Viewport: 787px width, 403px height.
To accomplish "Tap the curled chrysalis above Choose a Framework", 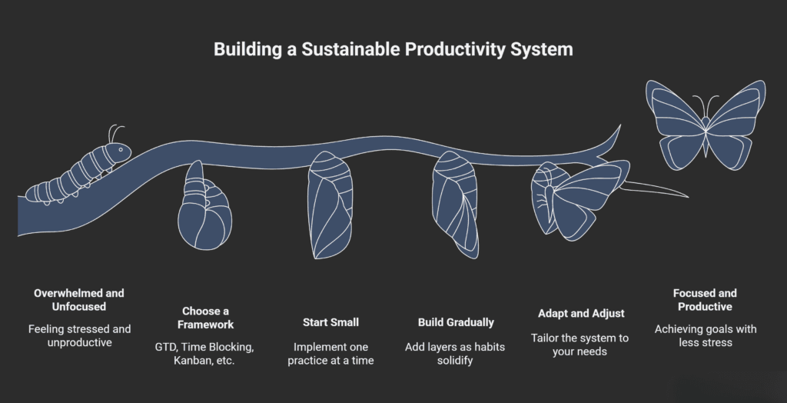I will point(203,211).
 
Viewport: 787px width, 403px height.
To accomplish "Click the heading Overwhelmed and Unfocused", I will point(79,300).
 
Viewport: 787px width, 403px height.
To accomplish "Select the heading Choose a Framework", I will point(205,318).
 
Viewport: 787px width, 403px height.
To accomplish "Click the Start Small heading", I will point(330,322).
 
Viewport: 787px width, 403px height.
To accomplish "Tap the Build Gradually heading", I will point(456,322).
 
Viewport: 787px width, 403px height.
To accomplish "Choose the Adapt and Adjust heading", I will point(581,313).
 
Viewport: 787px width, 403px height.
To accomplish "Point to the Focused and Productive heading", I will point(705,300).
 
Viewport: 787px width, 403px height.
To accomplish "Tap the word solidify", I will point(456,361).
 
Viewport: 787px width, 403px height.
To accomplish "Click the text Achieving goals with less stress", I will point(705,336).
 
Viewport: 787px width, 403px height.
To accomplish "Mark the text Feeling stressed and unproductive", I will point(79,336).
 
